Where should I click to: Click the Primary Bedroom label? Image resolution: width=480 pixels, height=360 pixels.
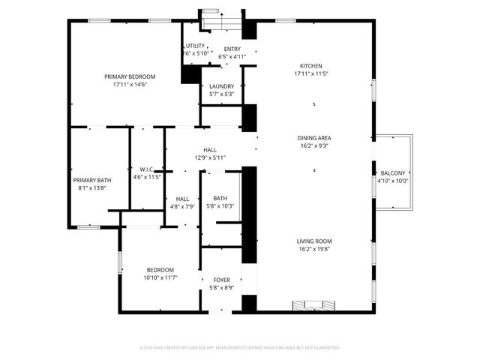click(x=130, y=76)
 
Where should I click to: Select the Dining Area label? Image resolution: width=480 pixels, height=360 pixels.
click(x=314, y=138)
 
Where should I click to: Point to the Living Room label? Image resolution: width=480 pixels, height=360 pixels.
click(x=314, y=241)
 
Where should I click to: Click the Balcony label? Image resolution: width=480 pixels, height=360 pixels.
click(x=392, y=173)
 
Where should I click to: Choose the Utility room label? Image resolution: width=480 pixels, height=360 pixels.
click(x=195, y=46)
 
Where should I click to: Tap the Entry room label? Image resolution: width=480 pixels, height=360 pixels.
click(x=232, y=49)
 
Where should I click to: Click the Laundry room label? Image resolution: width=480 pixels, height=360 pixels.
click(x=221, y=86)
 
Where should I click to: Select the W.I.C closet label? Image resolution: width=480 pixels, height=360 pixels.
click(x=146, y=169)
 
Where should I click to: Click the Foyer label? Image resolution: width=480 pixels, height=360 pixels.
click(x=221, y=280)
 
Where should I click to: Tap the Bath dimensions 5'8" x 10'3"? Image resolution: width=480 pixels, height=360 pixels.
click(x=221, y=206)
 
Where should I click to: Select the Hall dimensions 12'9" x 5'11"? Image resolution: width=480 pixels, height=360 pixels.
click(x=210, y=157)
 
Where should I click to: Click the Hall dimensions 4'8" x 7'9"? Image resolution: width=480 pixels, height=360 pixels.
click(x=182, y=206)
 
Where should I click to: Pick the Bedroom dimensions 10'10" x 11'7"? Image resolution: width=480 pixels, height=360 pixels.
click(x=160, y=277)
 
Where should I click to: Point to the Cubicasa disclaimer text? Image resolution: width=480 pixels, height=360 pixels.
click(x=240, y=347)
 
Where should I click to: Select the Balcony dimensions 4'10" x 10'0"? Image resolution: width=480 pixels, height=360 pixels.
click(x=392, y=181)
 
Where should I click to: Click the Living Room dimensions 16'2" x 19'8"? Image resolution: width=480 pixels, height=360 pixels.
click(x=314, y=249)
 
